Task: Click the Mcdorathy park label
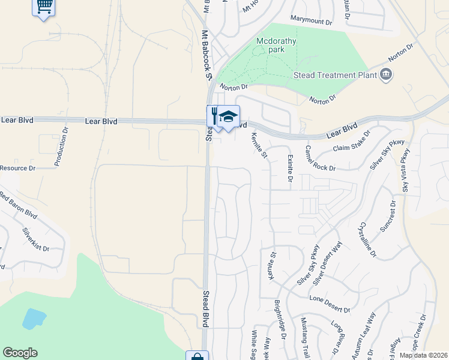(270, 45)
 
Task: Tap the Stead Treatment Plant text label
(334, 75)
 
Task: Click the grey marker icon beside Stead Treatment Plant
(385, 74)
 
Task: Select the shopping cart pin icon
(44, 8)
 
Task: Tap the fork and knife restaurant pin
(214, 115)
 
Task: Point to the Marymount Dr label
(312, 22)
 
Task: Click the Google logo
(20, 353)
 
